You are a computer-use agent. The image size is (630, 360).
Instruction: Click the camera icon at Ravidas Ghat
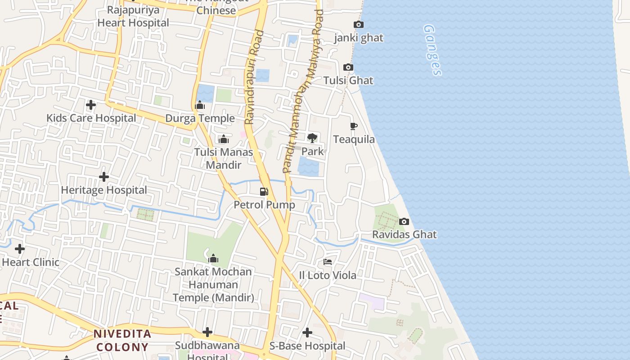[x=404, y=221]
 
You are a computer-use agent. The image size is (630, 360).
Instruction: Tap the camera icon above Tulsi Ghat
[x=348, y=67]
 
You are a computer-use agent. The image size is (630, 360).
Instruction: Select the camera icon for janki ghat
[x=358, y=25]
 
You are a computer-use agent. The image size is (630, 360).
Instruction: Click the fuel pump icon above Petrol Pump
[x=264, y=192]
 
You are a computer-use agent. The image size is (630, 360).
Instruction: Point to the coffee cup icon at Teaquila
[x=354, y=126]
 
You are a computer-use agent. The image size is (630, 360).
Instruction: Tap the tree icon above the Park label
[x=312, y=138]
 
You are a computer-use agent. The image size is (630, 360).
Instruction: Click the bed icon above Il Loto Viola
[x=328, y=262]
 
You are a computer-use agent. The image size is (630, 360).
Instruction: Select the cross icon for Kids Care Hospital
[x=91, y=105]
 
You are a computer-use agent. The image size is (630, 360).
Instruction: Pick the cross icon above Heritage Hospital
[x=104, y=177]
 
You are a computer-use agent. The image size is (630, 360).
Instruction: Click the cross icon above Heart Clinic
[x=20, y=248]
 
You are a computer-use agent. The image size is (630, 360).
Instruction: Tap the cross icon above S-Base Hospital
[x=307, y=333]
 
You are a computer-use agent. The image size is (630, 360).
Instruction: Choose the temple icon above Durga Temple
[x=200, y=106]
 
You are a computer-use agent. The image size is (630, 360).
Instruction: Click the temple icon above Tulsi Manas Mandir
[x=223, y=139]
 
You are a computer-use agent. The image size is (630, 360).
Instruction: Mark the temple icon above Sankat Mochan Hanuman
[x=213, y=259]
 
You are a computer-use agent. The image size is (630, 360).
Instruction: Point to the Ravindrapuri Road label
[x=254, y=76]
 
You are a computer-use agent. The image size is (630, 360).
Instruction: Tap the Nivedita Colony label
[x=122, y=341]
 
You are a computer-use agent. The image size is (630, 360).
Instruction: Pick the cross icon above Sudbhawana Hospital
[x=207, y=332]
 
